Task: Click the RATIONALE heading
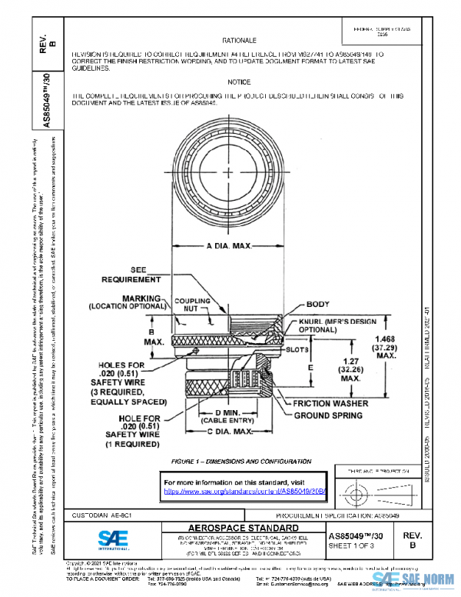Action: [239, 38]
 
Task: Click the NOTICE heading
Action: [239, 82]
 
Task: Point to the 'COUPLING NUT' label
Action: [193, 304]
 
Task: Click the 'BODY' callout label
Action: [317, 305]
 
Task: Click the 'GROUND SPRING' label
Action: [329, 415]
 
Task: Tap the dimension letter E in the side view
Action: [310, 369]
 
